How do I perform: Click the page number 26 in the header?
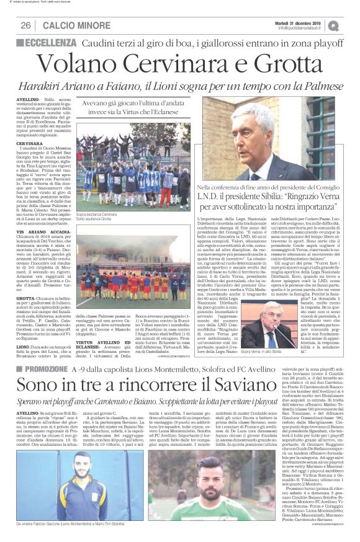(26, 25)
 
